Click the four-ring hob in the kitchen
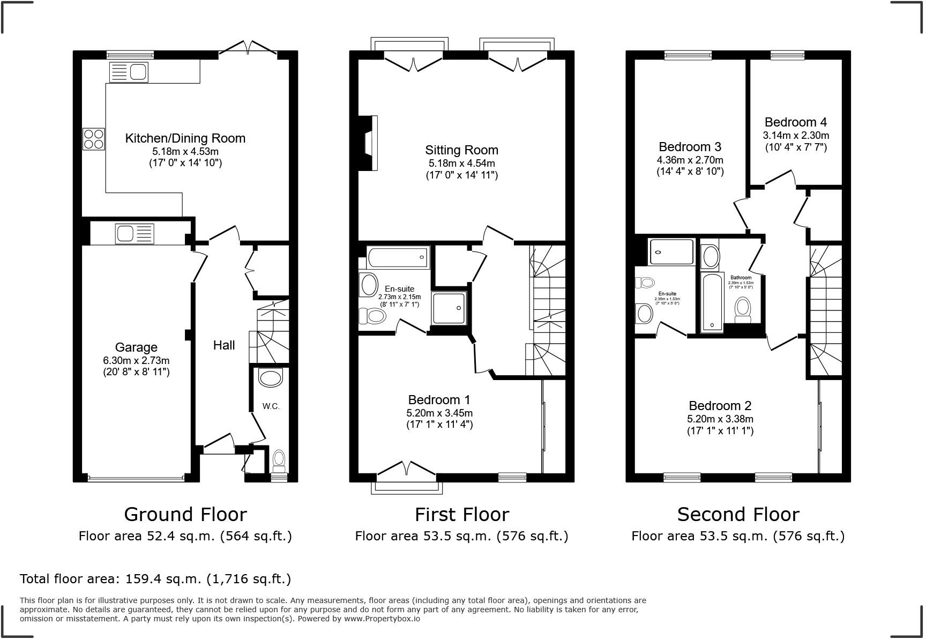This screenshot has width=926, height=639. tap(93, 139)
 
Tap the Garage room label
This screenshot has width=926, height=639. tap(136, 347)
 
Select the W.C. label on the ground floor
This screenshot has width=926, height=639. tap(271, 406)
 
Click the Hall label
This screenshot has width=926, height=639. tap(224, 345)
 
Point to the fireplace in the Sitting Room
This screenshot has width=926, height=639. tap(369, 143)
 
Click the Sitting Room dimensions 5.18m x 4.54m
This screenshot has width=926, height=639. tap(461, 164)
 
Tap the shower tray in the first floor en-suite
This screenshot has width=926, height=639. tap(450, 308)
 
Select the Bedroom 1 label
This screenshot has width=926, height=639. tap(439, 400)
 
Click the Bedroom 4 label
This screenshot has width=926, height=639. tap(795, 122)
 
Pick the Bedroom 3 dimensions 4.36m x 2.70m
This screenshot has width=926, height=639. tap(690, 160)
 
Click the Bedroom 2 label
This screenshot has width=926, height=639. tap(720, 406)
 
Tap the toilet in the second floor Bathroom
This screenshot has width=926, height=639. tap(743, 309)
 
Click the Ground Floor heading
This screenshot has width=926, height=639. tap(185, 515)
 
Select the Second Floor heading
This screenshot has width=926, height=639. tap(738, 515)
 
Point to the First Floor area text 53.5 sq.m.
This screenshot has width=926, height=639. tap(461, 536)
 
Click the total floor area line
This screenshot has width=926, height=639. tap(155, 579)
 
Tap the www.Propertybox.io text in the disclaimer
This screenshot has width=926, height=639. tap(382, 619)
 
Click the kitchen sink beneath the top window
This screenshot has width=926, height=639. tap(129, 72)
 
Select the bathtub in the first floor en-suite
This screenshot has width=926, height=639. tap(398, 257)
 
